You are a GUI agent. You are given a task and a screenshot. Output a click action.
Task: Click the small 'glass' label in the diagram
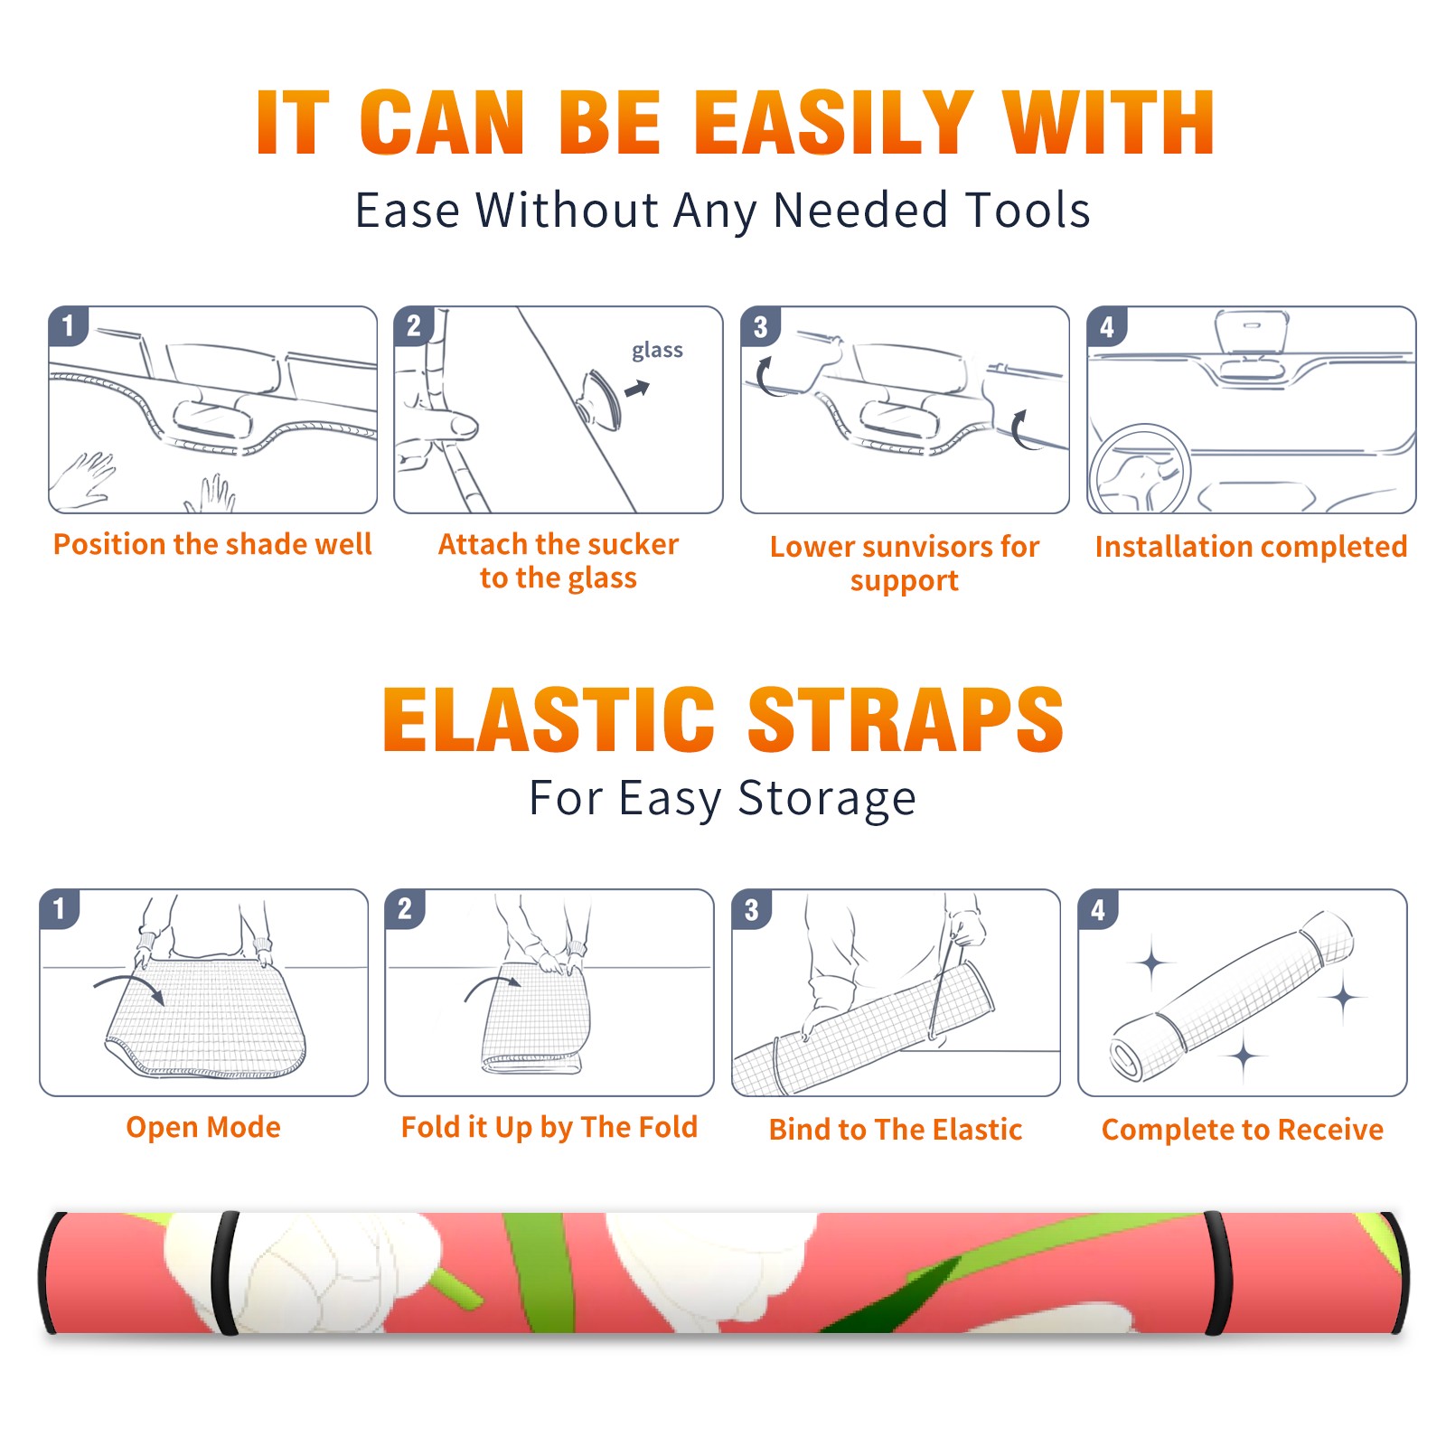pos(657,351)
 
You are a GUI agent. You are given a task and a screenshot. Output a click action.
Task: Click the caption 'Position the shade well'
pos(212,544)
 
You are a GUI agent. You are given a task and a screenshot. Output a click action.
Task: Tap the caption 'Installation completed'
pos(1251,546)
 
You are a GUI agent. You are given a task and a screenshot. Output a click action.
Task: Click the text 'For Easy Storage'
pos(722,798)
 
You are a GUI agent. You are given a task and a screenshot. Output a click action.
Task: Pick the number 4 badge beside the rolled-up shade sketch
pos(1098,909)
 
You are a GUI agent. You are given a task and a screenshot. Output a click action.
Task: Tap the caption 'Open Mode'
pos(203,1127)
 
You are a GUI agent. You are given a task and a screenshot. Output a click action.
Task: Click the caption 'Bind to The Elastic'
pos(895,1130)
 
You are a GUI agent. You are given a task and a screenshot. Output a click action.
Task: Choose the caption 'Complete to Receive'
pos(1242,1130)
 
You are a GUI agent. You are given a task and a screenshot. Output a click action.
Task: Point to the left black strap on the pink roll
pos(226,1273)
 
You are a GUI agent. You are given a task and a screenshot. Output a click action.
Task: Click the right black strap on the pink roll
pos(1218,1273)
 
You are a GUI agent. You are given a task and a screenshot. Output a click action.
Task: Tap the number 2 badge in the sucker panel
pos(414,326)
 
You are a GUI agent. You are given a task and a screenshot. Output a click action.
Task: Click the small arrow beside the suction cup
pos(637,390)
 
